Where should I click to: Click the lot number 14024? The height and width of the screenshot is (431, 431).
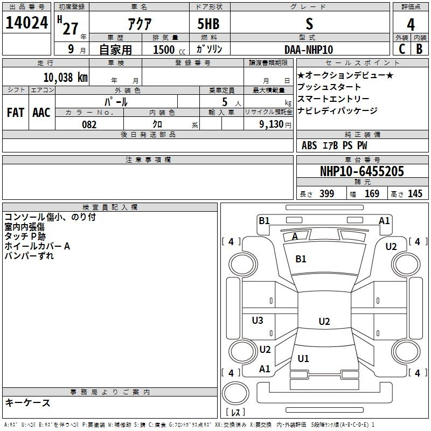click(x=26, y=23)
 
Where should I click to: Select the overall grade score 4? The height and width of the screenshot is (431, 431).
click(x=411, y=24)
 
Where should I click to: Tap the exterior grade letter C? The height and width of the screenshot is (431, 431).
click(x=402, y=49)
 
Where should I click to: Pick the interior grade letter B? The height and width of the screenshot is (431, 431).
click(x=419, y=49)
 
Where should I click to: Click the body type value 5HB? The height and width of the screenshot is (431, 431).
click(x=208, y=24)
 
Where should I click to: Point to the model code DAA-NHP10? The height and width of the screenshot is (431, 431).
click(x=309, y=50)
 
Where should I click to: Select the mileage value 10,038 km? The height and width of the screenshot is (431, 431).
click(x=66, y=77)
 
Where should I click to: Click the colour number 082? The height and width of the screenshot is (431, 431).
click(x=89, y=124)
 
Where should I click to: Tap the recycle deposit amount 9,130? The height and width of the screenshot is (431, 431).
click(x=272, y=124)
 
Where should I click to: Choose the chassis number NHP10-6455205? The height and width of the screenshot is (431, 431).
click(x=362, y=171)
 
